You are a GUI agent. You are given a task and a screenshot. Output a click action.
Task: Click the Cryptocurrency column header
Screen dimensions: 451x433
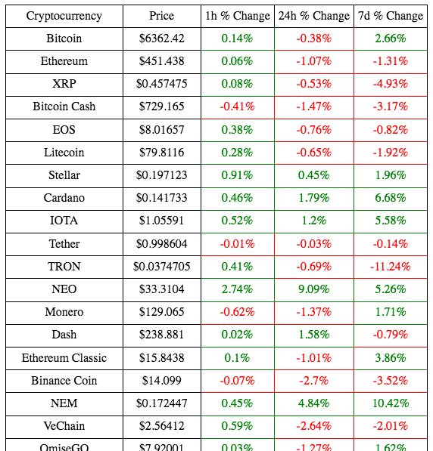[x=64, y=16]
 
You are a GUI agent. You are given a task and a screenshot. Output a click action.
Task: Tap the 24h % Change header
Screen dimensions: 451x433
[x=314, y=16]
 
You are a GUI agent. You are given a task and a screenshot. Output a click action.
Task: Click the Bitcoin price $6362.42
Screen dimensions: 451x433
[x=161, y=39]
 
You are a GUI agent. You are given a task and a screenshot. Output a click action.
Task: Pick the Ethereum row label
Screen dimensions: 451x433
[x=64, y=61]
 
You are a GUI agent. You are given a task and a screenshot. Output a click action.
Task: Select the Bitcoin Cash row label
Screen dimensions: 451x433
[x=64, y=107]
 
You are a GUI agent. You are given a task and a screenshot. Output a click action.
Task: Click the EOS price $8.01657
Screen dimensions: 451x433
[x=161, y=130]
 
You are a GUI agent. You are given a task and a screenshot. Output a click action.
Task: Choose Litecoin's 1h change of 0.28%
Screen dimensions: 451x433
[x=237, y=153]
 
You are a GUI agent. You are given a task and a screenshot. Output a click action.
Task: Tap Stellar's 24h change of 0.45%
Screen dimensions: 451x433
[x=314, y=175]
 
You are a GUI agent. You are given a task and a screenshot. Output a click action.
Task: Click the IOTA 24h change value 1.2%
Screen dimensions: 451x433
[x=314, y=221]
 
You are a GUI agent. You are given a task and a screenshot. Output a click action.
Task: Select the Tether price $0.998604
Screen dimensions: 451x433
[x=161, y=244]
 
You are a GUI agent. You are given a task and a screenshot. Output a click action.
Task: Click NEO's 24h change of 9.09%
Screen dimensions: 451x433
[x=314, y=289]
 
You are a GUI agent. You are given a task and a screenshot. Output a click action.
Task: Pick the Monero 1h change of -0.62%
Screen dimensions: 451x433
[x=237, y=312]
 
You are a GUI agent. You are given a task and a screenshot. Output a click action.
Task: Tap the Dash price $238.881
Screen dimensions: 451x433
[x=161, y=335]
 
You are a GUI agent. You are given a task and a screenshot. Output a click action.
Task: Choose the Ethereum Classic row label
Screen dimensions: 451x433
[x=64, y=358]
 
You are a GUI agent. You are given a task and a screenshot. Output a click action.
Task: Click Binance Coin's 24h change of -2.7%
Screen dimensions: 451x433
[x=314, y=381]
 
